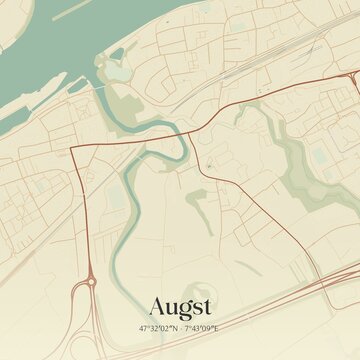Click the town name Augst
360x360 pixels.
[180, 306]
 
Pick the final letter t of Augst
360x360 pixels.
[207, 306]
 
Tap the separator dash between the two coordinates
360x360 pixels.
[180, 328]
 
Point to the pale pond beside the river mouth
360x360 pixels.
[119, 71]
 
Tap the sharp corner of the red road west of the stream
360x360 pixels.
[73, 150]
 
